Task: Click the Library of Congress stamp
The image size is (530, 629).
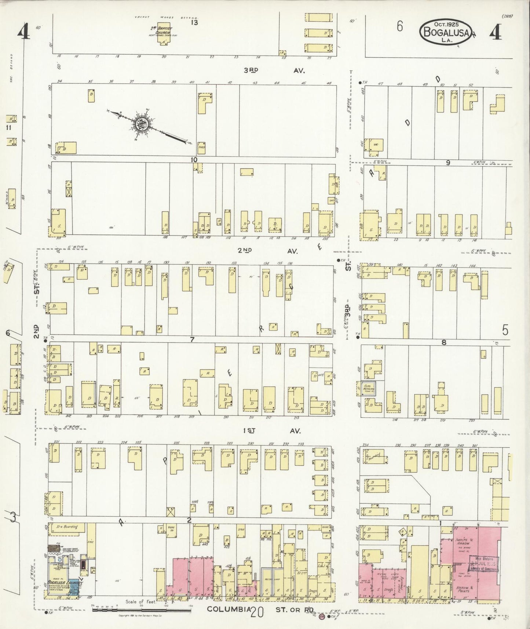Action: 483,564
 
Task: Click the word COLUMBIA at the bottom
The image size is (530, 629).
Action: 229,609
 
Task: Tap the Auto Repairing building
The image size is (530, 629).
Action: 368,388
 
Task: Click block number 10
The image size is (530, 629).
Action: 194,159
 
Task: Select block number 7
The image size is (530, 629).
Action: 191,339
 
